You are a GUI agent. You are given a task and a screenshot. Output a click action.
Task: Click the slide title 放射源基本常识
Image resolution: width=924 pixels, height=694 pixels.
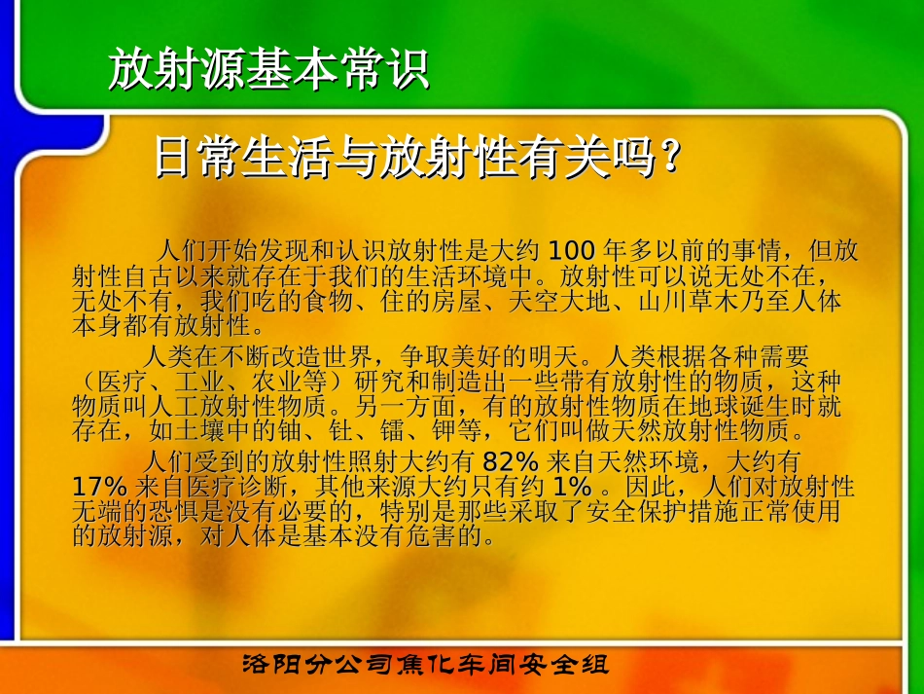(x=268, y=70)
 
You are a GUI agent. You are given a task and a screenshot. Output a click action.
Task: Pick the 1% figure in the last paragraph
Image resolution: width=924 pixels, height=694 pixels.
(x=572, y=485)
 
